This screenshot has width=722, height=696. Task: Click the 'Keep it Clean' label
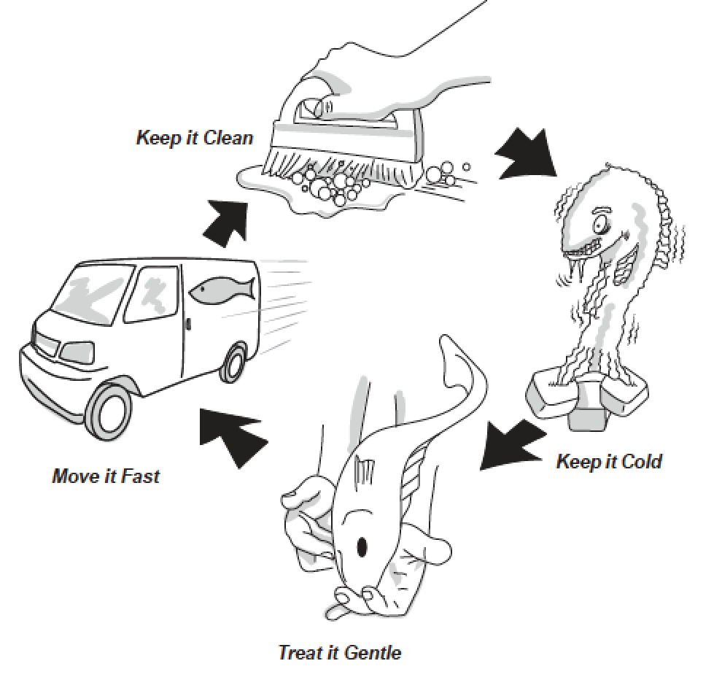click(194, 137)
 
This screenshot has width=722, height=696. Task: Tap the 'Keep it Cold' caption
click(609, 461)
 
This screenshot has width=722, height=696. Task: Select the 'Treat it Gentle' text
click(339, 651)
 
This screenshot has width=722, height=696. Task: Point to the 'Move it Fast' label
click(106, 477)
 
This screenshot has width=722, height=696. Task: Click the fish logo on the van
click(222, 290)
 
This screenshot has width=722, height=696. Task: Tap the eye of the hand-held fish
click(360, 545)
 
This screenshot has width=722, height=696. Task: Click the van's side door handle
click(187, 320)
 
